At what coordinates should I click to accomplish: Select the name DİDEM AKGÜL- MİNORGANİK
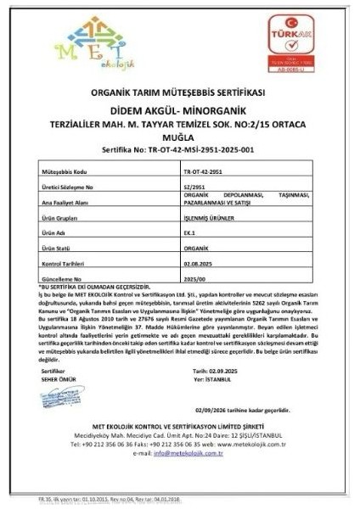coord(180,109)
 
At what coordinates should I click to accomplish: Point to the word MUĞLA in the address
coord(180,134)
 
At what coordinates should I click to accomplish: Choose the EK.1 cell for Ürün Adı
coord(189,232)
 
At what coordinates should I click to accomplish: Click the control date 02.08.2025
coord(200,264)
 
